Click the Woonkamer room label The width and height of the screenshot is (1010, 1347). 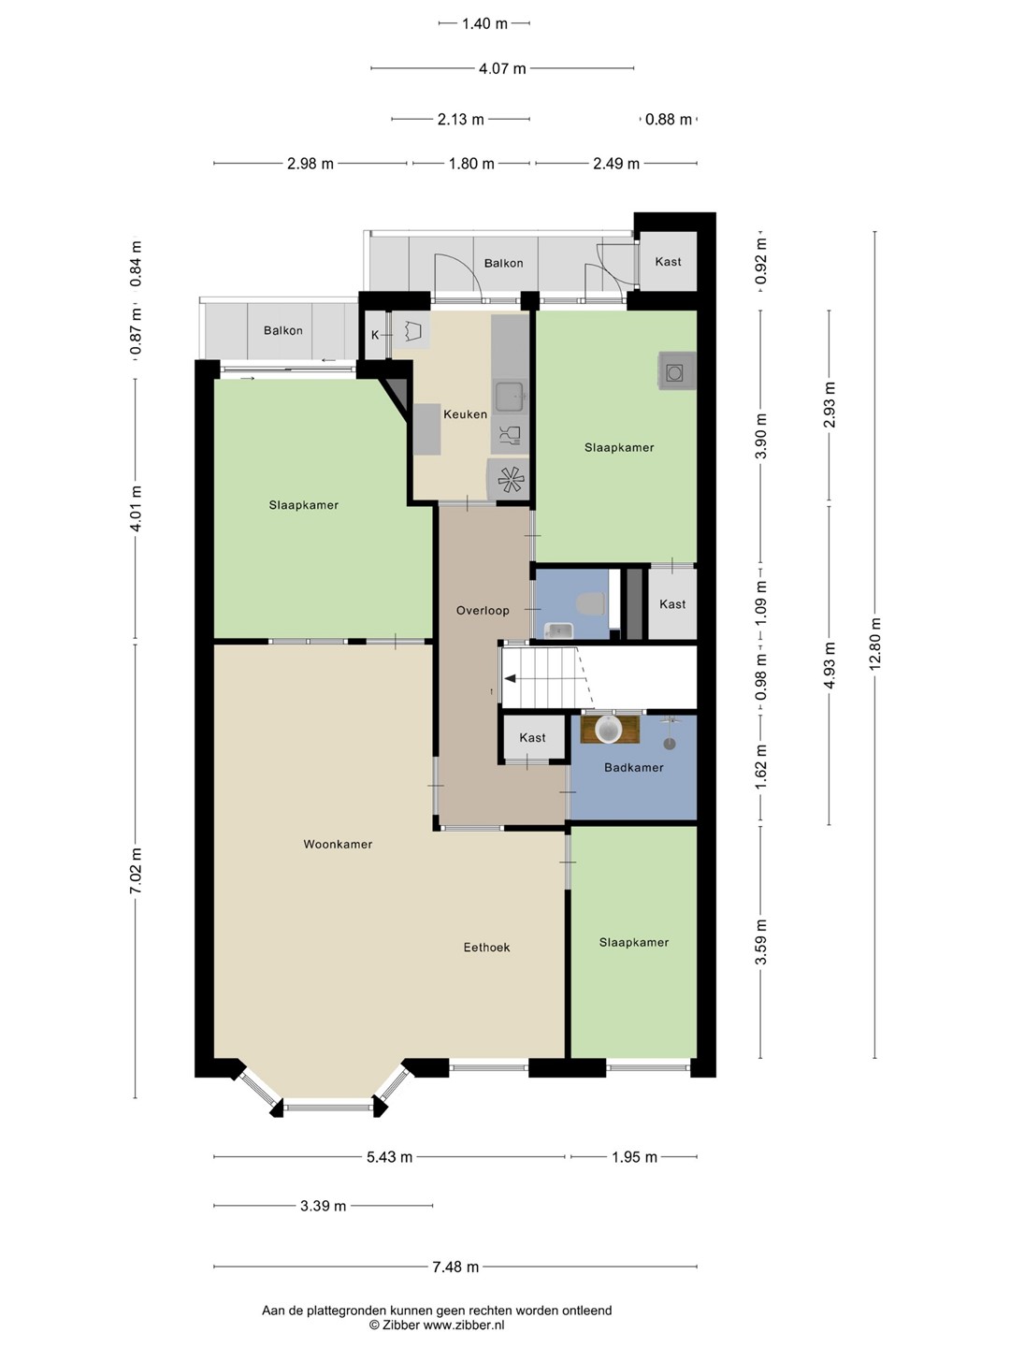click(338, 845)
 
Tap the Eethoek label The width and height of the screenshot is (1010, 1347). click(486, 948)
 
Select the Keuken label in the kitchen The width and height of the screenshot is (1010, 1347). click(466, 414)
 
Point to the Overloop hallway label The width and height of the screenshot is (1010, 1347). click(483, 611)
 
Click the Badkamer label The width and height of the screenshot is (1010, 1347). click(633, 767)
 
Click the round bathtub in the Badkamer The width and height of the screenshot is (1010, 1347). click(609, 729)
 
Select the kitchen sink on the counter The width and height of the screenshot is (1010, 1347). click(510, 397)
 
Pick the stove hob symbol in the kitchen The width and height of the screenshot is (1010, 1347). click(511, 479)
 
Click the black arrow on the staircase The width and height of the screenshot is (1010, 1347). click(511, 679)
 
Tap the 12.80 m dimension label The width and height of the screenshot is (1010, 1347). click(875, 644)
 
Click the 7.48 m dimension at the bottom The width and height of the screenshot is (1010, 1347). click(455, 1267)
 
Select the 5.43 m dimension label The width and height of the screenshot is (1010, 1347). click(389, 1157)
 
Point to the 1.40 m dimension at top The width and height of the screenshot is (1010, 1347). click(484, 24)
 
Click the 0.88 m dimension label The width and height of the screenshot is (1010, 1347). click(669, 119)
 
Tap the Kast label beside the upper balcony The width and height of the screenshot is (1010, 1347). click(668, 262)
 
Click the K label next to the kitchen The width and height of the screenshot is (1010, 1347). click(375, 336)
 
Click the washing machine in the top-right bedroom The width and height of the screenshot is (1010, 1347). click(677, 371)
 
